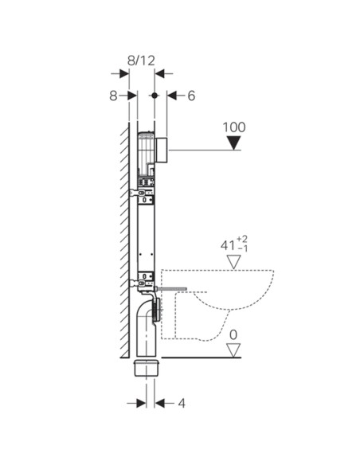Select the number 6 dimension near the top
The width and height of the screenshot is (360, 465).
[190, 96]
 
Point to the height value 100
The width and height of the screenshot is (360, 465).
[234, 127]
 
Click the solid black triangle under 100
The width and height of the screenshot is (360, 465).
[233, 143]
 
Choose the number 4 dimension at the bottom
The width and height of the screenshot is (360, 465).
[182, 403]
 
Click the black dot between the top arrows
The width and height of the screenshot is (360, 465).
[154, 96]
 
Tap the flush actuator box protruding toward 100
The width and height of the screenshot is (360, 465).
[162, 149]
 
